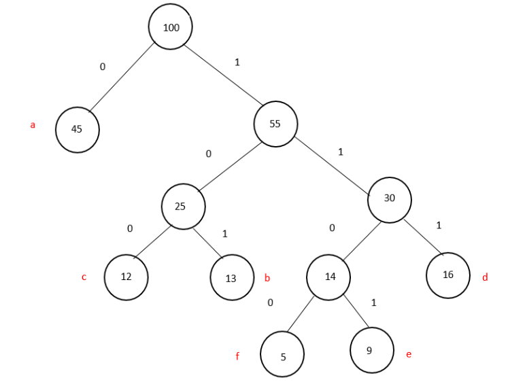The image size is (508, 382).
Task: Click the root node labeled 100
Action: point(171,27)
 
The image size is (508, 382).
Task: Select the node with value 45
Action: point(77,129)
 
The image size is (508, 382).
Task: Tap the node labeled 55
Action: point(275,124)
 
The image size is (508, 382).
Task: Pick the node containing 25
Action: point(183,206)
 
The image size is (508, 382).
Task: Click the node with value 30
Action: point(389,198)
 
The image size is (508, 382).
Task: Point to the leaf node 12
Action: point(126,277)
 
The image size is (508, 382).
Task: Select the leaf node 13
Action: point(232,277)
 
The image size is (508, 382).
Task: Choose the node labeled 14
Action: point(328,277)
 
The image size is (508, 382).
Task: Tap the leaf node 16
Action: point(448,275)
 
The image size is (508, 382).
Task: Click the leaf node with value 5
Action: point(282,354)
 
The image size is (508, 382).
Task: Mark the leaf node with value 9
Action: point(371,350)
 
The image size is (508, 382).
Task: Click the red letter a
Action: point(33,125)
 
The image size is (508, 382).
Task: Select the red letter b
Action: point(267,278)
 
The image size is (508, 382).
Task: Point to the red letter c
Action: point(84,277)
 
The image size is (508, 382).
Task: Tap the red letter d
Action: point(485,277)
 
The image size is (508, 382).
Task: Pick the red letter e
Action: point(409,354)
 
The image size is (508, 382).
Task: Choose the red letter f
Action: point(237,355)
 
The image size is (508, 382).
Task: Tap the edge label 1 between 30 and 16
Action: point(439,225)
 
